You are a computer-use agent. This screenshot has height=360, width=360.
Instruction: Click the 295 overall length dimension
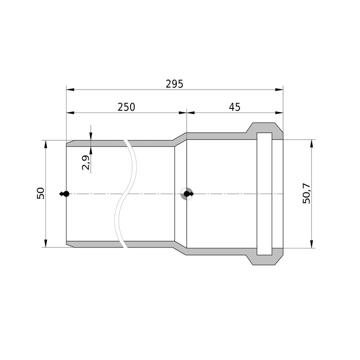tap(175, 84)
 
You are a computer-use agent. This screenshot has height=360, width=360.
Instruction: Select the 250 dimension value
tap(126, 107)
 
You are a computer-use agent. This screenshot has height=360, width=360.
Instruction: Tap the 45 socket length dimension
tap(234, 107)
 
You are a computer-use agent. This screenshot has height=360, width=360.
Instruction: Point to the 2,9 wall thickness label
tap(85, 162)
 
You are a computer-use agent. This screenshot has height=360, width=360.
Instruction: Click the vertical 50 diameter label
tap(40, 193)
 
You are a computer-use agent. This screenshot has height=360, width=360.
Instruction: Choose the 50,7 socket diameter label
tap(306, 193)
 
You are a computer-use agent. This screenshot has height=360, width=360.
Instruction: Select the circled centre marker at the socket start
tap(187, 194)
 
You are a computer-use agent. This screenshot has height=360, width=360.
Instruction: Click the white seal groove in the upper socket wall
tap(264, 136)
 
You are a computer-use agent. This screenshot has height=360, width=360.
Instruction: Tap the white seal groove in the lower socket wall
tap(264, 252)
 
